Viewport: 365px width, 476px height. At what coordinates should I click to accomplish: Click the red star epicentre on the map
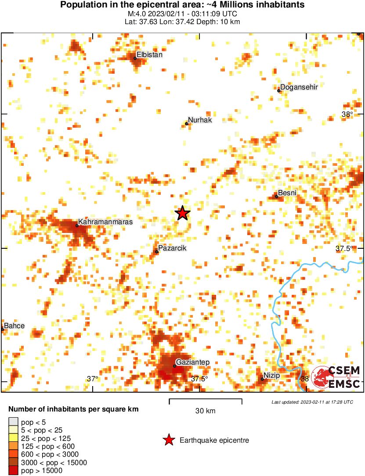click(183, 213)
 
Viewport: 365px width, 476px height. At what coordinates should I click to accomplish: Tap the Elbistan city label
click(149, 55)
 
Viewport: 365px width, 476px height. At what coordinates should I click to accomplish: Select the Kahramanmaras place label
click(105, 222)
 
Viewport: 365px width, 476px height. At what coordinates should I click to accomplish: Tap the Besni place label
click(287, 193)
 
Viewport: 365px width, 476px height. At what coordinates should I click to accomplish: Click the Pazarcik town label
click(172, 248)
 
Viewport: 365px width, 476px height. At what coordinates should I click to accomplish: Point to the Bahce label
click(14, 326)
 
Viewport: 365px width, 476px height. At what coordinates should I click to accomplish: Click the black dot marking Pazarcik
click(157, 252)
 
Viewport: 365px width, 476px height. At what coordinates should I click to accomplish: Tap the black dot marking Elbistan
click(135, 58)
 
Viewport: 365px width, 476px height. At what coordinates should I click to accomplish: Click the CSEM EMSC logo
click(336, 377)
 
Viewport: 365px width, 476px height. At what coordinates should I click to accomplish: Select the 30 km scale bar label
click(205, 411)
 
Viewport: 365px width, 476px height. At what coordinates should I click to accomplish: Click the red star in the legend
click(168, 440)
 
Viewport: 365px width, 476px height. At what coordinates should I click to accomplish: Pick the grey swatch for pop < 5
click(13, 422)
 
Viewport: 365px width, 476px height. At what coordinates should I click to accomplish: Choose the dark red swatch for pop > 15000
click(13, 471)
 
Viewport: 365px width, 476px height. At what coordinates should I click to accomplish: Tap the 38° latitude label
click(347, 115)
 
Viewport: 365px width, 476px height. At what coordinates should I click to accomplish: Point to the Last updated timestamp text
click(312, 402)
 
